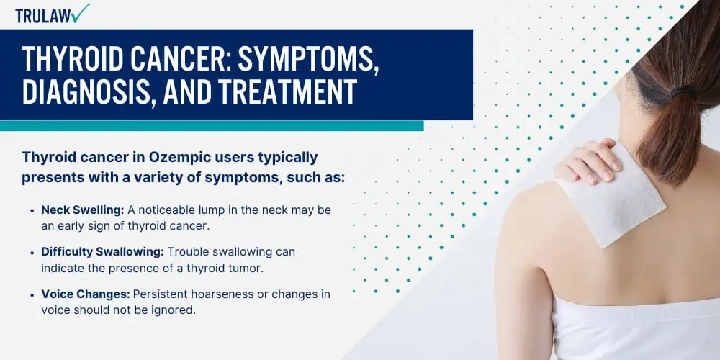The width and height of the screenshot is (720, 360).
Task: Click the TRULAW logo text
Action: click(x=43, y=15)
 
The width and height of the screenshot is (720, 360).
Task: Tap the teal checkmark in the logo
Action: click(x=81, y=13)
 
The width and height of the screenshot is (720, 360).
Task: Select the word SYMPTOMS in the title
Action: click(x=308, y=58)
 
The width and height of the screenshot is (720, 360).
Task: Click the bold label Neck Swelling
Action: click(x=83, y=210)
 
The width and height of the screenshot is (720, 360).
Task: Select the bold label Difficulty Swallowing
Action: click(x=103, y=251)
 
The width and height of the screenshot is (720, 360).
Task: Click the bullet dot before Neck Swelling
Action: click(x=32, y=210)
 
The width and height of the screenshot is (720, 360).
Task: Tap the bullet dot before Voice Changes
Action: click(x=32, y=294)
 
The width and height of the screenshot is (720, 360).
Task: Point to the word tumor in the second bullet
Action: click(x=248, y=268)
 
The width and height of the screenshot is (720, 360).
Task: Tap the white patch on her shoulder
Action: click(x=611, y=195)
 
